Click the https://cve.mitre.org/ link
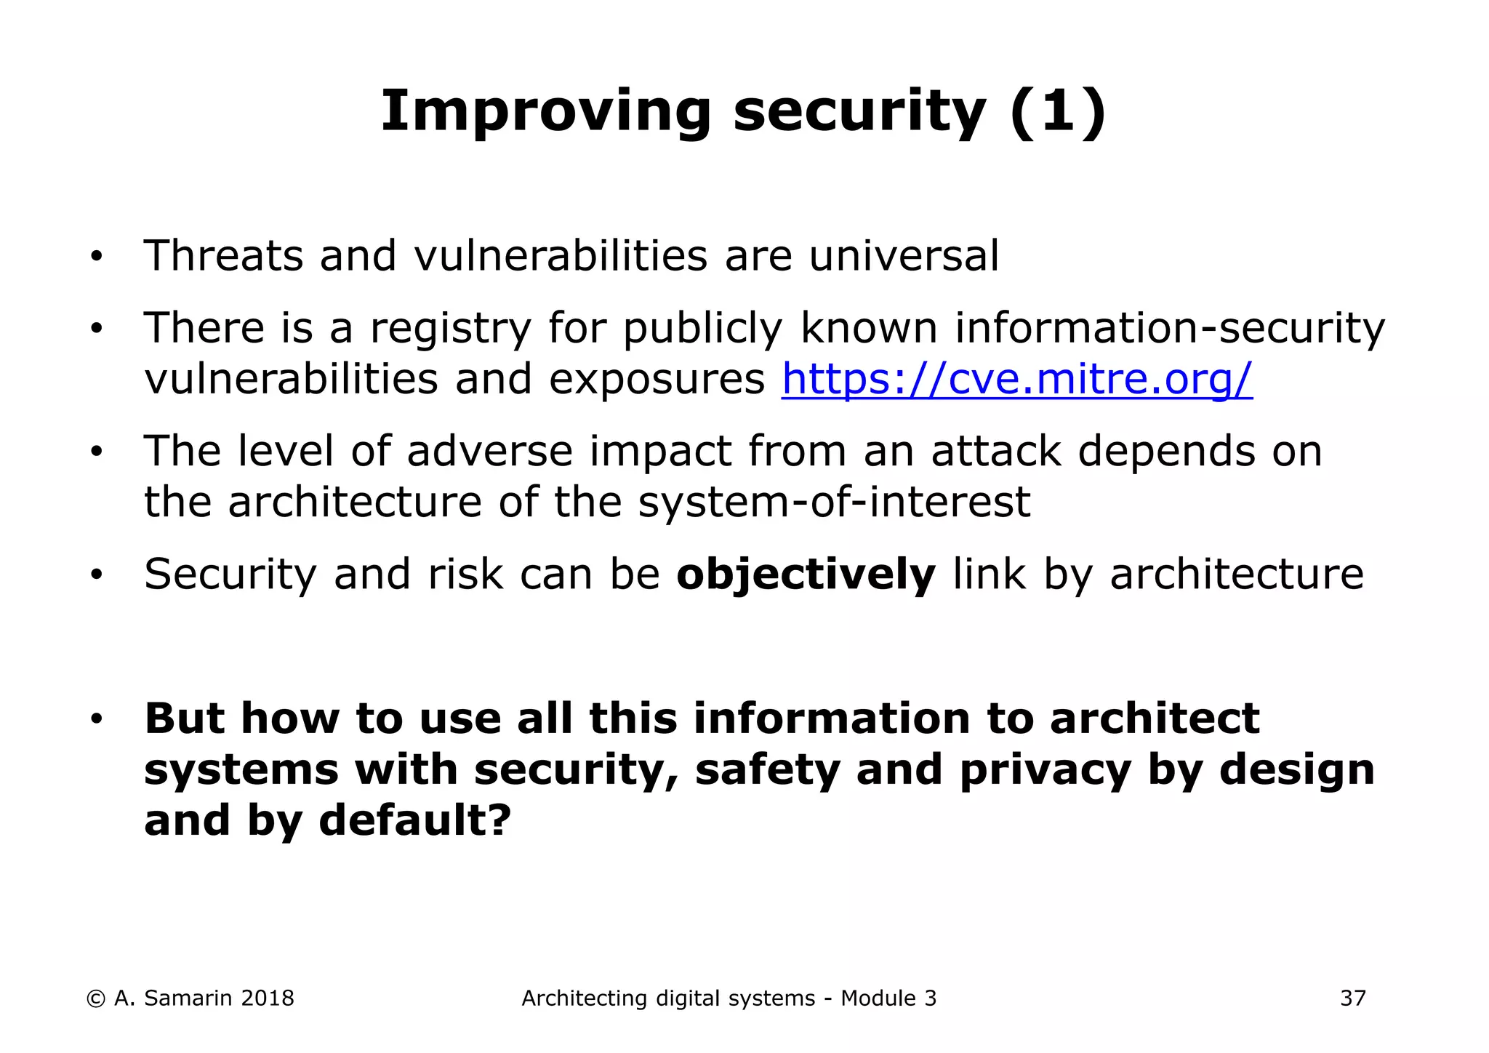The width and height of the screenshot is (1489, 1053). (x=1016, y=379)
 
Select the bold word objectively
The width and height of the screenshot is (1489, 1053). (x=806, y=574)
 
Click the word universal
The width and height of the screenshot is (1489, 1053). (x=904, y=256)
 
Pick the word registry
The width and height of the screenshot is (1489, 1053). (x=451, y=329)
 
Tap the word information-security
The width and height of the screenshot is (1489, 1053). (x=1169, y=328)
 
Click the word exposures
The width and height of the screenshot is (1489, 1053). (x=657, y=379)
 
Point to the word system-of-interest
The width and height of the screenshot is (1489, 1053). (x=834, y=502)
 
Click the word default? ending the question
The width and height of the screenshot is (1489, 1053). (x=415, y=820)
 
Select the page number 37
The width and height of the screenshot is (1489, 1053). (x=1352, y=998)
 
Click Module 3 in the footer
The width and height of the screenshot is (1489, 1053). (x=888, y=998)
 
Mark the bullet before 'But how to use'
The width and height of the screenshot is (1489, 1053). (x=96, y=720)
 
